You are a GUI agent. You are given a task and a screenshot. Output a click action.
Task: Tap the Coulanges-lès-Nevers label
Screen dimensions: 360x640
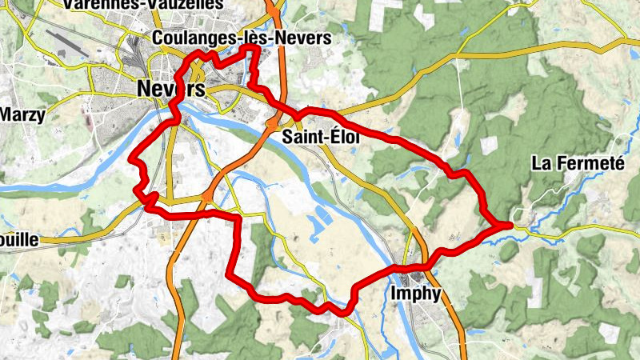click(240, 38)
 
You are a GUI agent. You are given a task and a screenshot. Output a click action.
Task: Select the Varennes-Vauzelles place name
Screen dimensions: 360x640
click(131, 6)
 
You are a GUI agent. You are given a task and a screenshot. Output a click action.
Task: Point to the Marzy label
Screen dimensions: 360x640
click(22, 114)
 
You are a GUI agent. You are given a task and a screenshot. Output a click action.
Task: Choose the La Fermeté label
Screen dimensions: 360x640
click(578, 164)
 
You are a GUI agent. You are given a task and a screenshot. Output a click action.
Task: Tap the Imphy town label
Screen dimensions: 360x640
click(416, 294)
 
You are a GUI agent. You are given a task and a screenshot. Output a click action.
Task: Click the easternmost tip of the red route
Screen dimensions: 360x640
click(510, 225)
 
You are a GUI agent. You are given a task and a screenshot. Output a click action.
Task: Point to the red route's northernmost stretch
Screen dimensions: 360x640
click(250, 49)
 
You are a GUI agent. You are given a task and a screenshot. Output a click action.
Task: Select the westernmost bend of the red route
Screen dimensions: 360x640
click(130, 160)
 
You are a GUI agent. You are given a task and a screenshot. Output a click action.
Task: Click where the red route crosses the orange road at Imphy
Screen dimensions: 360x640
click(422, 265)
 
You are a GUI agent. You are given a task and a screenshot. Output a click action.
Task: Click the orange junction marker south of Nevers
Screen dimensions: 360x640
click(207, 195)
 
